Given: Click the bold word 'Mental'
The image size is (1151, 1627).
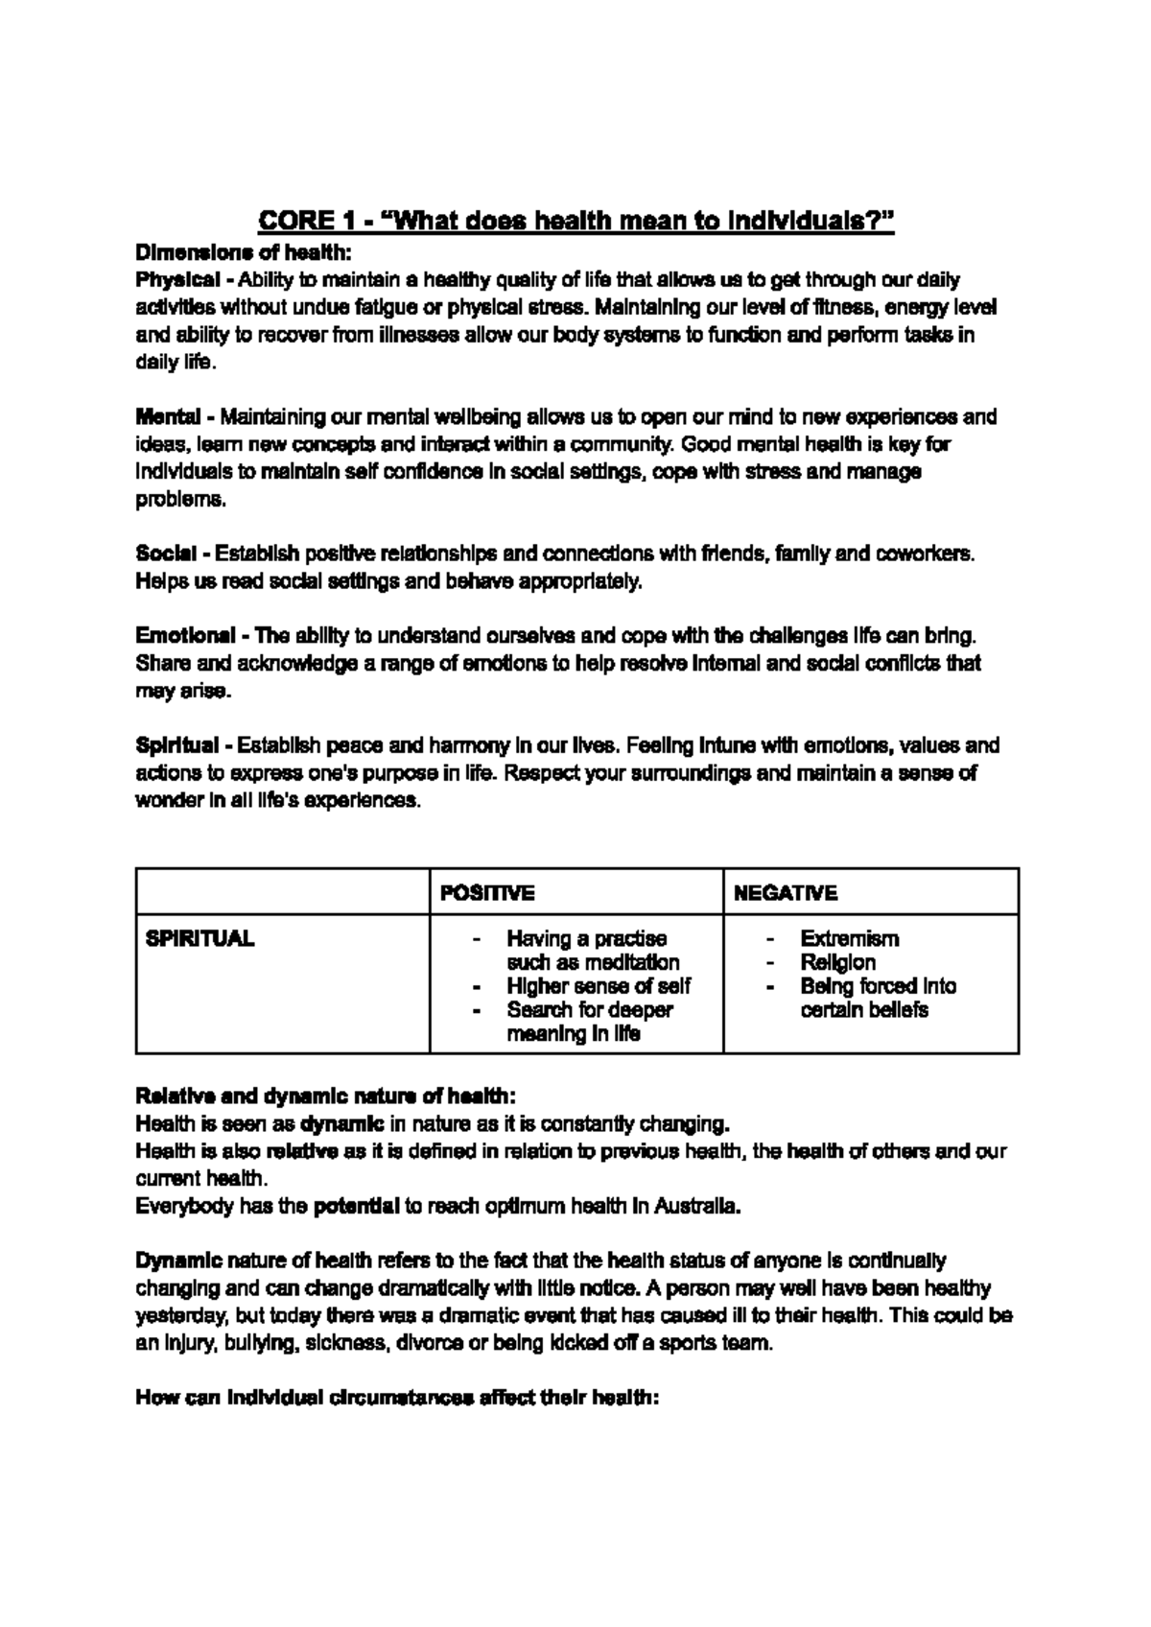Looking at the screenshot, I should [168, 416].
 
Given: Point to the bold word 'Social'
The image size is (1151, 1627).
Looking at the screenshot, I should [166, 554].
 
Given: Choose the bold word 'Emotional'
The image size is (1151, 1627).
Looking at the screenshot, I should [186, 635].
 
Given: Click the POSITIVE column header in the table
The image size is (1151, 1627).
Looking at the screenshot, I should [486, 893].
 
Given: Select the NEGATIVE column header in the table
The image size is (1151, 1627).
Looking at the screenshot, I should [785, 893].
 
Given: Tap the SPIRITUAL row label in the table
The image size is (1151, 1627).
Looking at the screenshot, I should [200, 938].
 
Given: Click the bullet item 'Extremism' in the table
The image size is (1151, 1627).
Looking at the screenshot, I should [849, 938].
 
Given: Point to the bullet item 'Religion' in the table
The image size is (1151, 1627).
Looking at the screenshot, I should [838, 962].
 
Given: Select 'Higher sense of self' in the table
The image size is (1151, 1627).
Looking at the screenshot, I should [599, 986].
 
